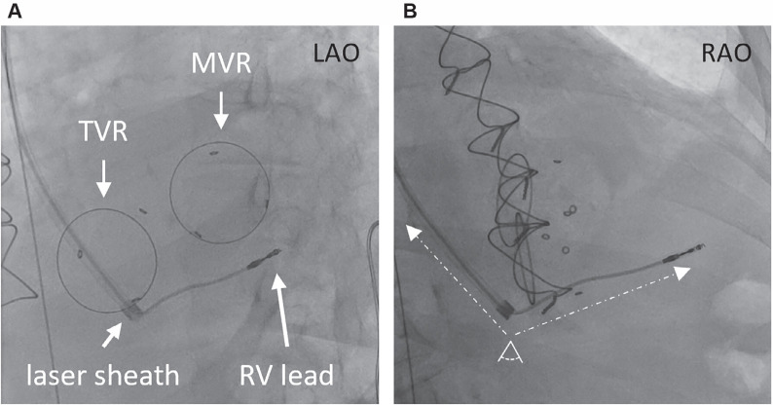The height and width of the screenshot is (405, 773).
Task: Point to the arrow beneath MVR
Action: point(221,110)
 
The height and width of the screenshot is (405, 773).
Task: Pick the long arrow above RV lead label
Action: point(283,311)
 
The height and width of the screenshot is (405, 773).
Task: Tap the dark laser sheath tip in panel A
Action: point(131,309)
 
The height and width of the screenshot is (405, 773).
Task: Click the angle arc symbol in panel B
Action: point(508,353)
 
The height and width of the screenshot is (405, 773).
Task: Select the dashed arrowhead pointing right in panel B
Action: point(684,275)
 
